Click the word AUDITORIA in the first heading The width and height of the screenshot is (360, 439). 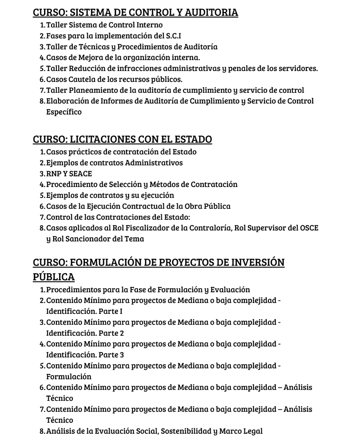[x=211, y=13]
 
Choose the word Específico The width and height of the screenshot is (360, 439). [x=64, y=112]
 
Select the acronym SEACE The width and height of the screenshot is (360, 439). [x=81, y=174]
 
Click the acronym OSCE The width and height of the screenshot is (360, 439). [x=309, y=228]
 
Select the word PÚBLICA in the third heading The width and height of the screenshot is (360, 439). [x=54, y=277]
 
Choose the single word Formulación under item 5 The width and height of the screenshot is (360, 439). [x=69, y=376]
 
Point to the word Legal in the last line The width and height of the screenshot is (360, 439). [x=253, y=431]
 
